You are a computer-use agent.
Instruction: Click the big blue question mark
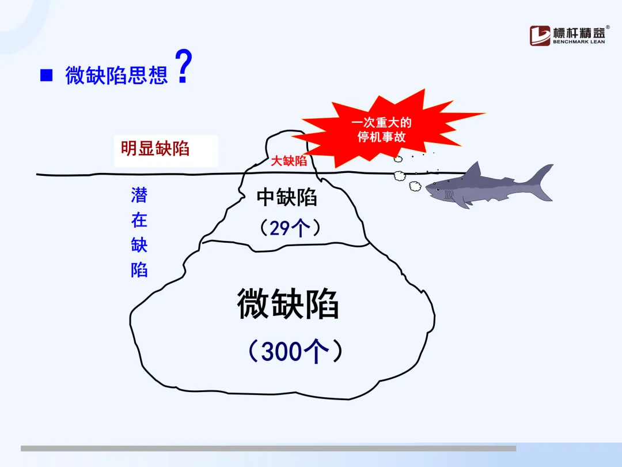(184, 66)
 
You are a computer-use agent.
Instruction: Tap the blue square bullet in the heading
(47, 75)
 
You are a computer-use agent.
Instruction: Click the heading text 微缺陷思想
(116, 75)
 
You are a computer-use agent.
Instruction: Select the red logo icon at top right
(540, 36)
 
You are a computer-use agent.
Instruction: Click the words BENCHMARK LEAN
(579, 42)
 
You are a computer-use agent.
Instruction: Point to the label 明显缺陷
(155, 149)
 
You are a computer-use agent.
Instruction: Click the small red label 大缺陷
(289, 161)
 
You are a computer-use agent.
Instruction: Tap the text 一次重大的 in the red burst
(381, 122)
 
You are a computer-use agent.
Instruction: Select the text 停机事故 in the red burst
(381, 137)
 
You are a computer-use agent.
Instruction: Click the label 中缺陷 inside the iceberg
(287, 197)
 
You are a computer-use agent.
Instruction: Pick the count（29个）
(290, 228)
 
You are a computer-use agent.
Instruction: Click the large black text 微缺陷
(287, 304)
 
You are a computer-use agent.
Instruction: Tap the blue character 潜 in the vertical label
(139, 195)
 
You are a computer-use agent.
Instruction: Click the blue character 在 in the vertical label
(139, 220)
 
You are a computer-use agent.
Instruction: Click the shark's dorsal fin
(473, 172)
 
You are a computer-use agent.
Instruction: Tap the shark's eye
(438, 190)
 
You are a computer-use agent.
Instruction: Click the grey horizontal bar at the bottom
(268, 449)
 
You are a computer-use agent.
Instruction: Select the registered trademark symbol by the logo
(608, 28)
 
